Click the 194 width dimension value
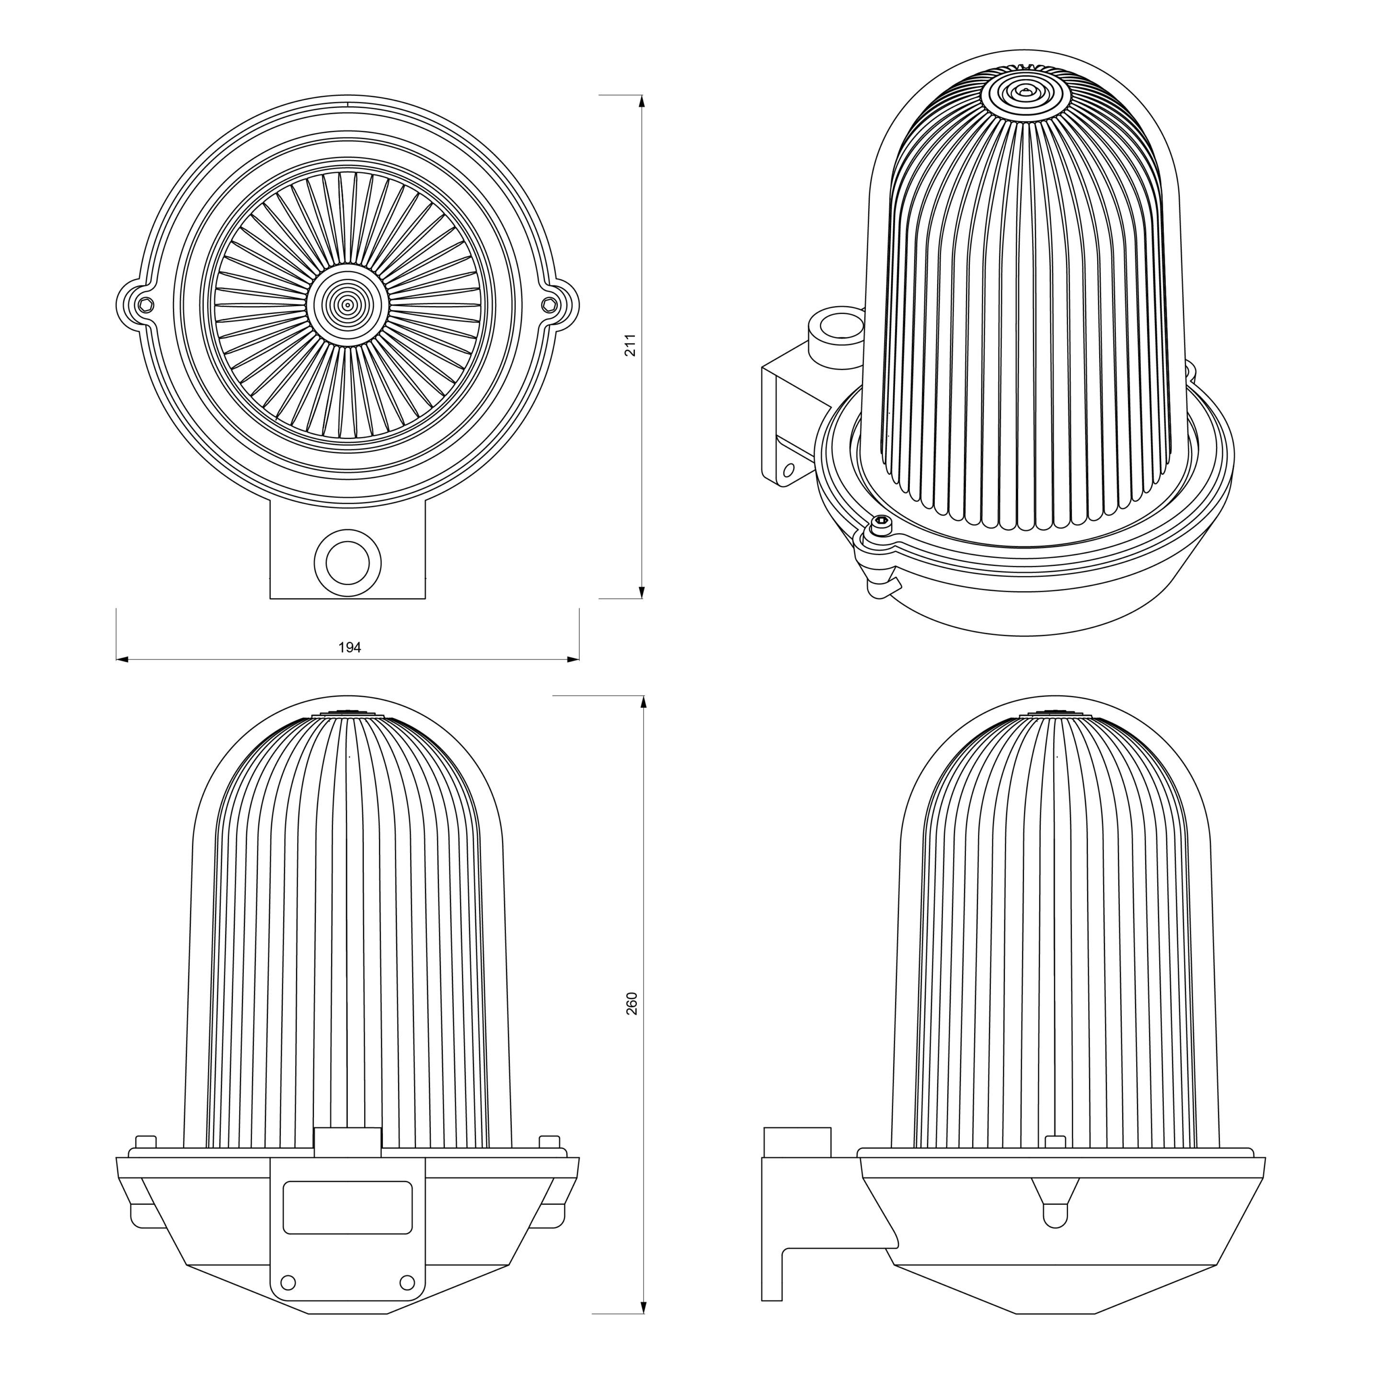(349, 648)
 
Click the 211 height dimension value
(631, 345)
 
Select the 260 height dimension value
(632, 1003)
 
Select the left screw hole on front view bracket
(288, 1282)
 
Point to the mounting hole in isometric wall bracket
(789, 470)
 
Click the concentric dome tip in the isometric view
(1026, 92)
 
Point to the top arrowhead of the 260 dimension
(644, 702)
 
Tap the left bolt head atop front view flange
(146, 1141)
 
